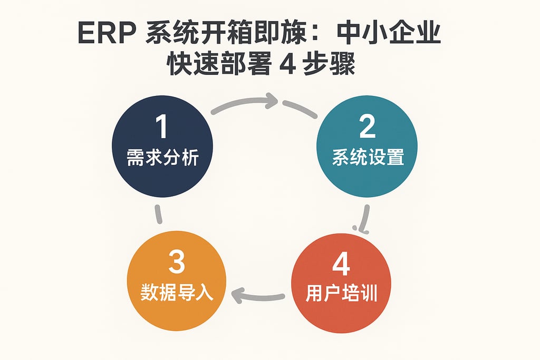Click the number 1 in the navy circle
[x=161, y=127]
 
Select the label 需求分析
[x=162, y=158]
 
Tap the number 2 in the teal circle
[x=367, y=127]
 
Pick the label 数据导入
[x=177, y=293]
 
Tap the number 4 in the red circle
[x=341, y=264]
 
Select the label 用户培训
[x=341, y=294]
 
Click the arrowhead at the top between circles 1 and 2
[x=272, y=99]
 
